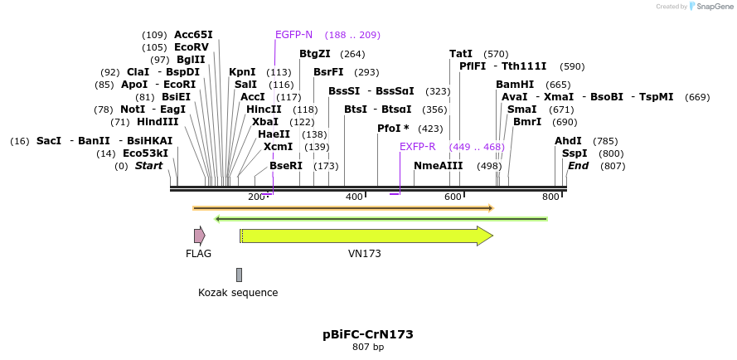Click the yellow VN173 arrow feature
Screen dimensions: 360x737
point(365,236)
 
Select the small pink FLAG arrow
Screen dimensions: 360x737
point(199,236)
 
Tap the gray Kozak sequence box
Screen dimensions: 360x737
point(239,275)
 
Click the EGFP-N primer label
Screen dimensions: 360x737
point(293,35)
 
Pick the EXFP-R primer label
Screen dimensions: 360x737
point(417,147)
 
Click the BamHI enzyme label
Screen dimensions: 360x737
point(515,85)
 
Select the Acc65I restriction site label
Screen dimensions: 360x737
point(193,35)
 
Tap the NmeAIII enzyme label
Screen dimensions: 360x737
point(438,166)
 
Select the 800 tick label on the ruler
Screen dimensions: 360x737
point(550,197)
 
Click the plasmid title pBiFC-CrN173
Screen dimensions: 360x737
point(368,334)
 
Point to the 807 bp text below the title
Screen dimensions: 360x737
point(368,348)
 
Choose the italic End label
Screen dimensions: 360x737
point(578,166)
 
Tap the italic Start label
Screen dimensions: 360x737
point(148,166)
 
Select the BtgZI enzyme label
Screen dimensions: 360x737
point(315,54)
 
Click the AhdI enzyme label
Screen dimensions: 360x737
point(568,141)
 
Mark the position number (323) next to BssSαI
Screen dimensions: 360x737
point(438,91)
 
